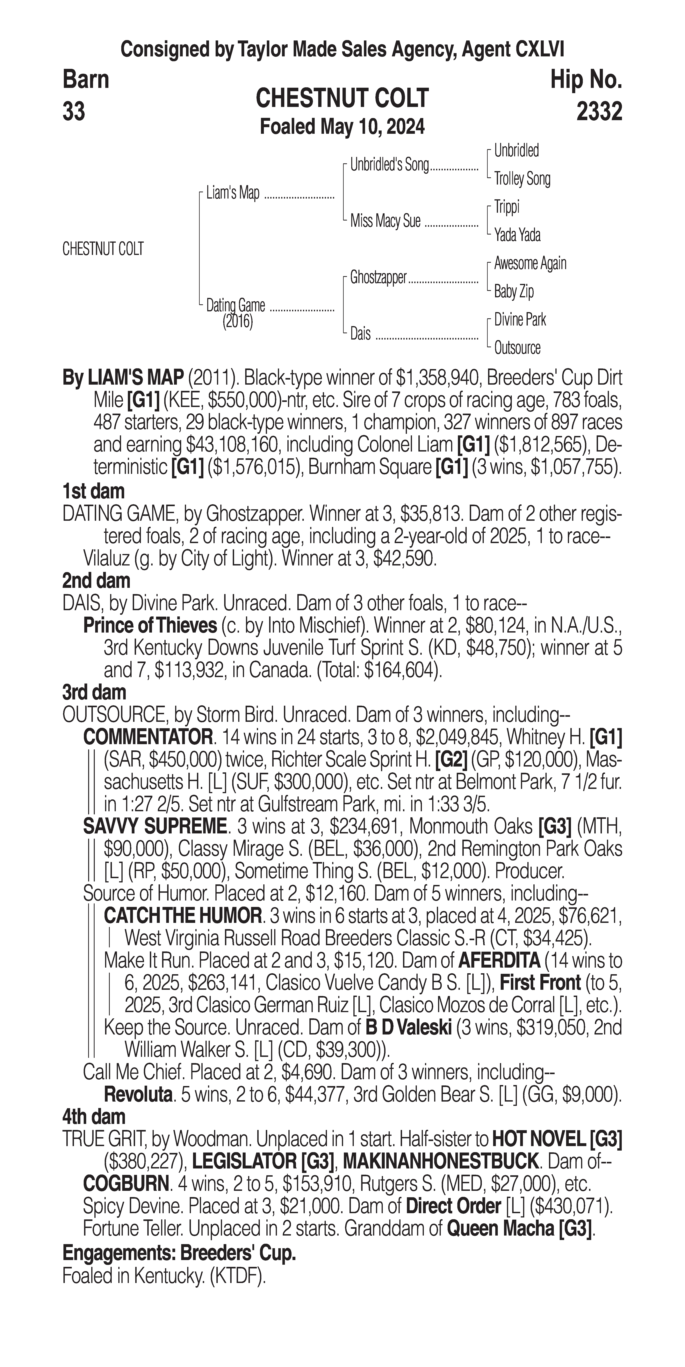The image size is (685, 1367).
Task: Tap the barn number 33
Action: (x=74, y=112)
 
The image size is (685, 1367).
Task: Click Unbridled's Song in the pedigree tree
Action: (x=389, y=165)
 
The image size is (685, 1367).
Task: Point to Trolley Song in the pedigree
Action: (x=522, y=179)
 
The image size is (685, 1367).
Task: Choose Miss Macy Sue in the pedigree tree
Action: (x=385, y=221)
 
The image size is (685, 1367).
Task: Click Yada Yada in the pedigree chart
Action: (x=517, y=235)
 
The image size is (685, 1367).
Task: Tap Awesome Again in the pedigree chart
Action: (x=530, y=263)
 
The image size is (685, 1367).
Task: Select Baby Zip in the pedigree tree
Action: (x=514, y=291)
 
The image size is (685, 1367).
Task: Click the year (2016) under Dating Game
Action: (x=237, y=322)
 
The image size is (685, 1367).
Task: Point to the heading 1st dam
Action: (x=93, y=491)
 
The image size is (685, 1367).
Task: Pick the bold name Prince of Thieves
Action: (x=150, y=626)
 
